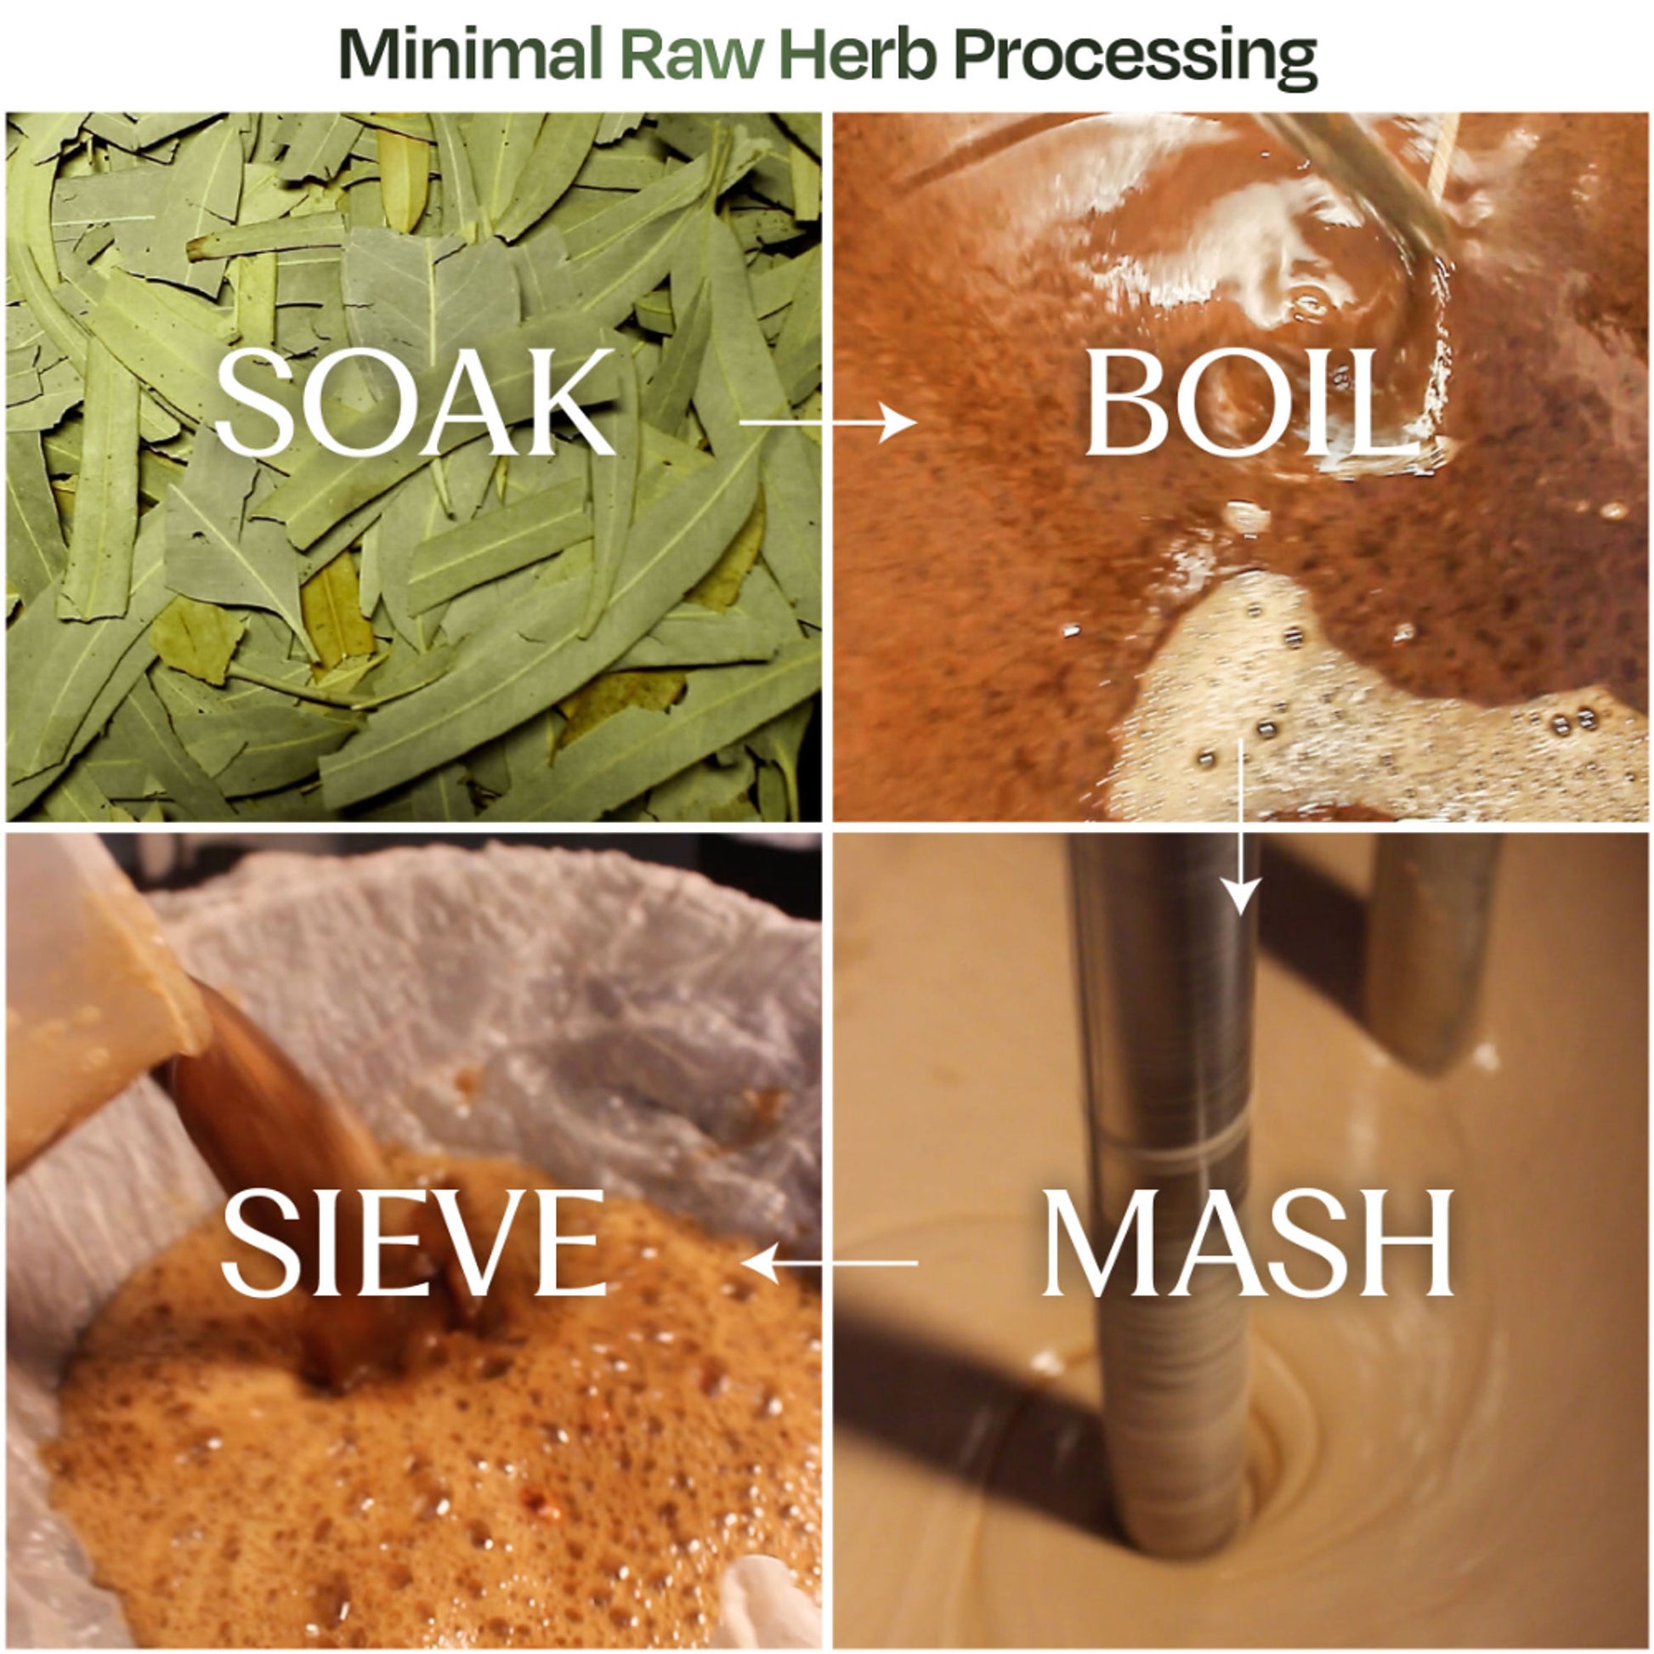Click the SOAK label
(x=416, y=402)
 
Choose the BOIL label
(x=1235, y=402)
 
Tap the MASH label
(x=1247, y=1243)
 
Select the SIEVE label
(x=415, y=1243)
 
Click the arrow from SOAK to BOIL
(x=827, y=422)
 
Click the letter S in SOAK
(x=250, y=402)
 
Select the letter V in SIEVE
(x=492, y=1243)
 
